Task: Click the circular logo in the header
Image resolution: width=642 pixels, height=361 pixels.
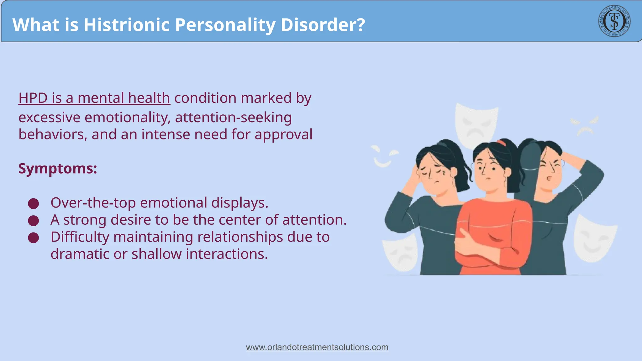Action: (614, 21)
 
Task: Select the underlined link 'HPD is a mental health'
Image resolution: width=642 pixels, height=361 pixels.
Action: (94, 98)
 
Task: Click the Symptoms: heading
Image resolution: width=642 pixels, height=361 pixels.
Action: (58, 169)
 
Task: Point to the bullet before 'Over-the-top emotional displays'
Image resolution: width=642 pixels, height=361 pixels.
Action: (34, 204)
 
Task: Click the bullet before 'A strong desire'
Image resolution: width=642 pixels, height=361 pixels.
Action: (34, 221)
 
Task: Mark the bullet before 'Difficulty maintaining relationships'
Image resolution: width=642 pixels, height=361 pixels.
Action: (34, 238)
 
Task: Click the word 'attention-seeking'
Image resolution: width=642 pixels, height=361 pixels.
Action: (233, 118)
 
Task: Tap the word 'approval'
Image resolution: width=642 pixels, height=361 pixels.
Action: (283, 135)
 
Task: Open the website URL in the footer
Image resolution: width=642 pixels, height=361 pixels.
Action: (317, 347)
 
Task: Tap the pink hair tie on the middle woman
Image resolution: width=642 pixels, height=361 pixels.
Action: (501, 143)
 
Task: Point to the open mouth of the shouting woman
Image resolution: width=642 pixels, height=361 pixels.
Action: (549, 179)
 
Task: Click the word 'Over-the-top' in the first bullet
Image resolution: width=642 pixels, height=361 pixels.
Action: (93, 203)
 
